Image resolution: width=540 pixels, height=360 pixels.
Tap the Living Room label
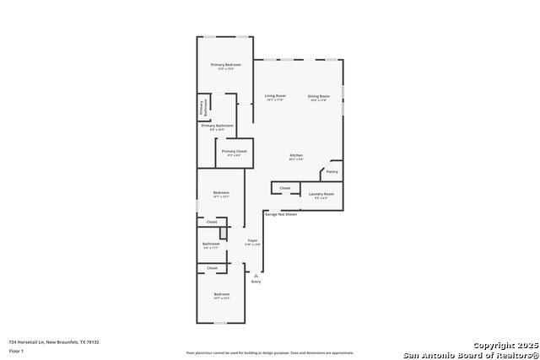point(275,96)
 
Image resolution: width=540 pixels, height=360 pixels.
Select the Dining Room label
point(318,96)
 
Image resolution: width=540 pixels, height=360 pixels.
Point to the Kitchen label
point(296,155)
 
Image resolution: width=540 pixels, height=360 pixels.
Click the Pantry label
point(332,171)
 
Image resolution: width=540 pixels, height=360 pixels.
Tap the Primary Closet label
point(234,151)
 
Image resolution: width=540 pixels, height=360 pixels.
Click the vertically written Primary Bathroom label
point(202,108)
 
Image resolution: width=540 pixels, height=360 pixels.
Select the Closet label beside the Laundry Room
point(285,188)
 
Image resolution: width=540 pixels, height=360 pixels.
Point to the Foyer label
point(251,241)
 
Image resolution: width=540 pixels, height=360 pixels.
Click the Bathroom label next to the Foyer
point(210,244)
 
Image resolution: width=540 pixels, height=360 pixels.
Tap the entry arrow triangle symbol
point(255,275)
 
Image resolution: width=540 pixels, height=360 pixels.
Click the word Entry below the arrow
point(256,282)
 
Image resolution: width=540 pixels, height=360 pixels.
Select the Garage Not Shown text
point(281,214)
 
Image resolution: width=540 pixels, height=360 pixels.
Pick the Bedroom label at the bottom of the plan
point(221,294)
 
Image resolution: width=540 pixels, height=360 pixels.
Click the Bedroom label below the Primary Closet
point(221,193)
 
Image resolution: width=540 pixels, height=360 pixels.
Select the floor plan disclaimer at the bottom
point(270,353)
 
